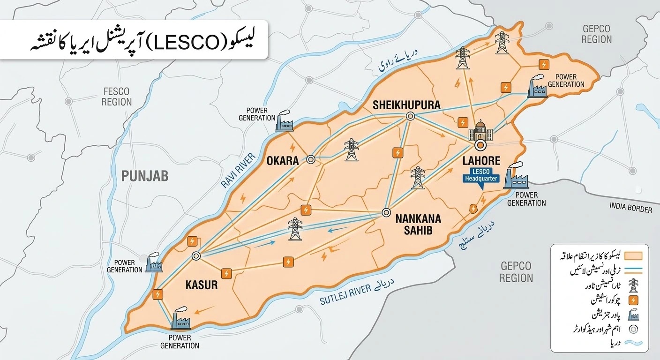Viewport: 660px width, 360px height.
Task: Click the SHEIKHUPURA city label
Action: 406,105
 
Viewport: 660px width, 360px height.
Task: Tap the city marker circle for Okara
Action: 310,159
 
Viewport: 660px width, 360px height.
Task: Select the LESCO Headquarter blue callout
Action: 481,175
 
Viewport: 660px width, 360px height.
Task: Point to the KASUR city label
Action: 202,285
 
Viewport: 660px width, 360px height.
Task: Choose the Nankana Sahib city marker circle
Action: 386,212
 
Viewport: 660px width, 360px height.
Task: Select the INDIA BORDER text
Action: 630,208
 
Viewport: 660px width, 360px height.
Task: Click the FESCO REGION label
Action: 116,97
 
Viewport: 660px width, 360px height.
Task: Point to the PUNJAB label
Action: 144,176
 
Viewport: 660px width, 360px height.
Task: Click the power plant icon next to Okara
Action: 284,121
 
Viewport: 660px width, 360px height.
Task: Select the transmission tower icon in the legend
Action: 633,285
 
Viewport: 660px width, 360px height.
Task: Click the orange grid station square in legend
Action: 633,300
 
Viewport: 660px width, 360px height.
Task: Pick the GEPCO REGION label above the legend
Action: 516,272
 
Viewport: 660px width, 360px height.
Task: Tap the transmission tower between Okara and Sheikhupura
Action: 351,150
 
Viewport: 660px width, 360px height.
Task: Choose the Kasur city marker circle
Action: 196,256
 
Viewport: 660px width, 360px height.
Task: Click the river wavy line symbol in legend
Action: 633,343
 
